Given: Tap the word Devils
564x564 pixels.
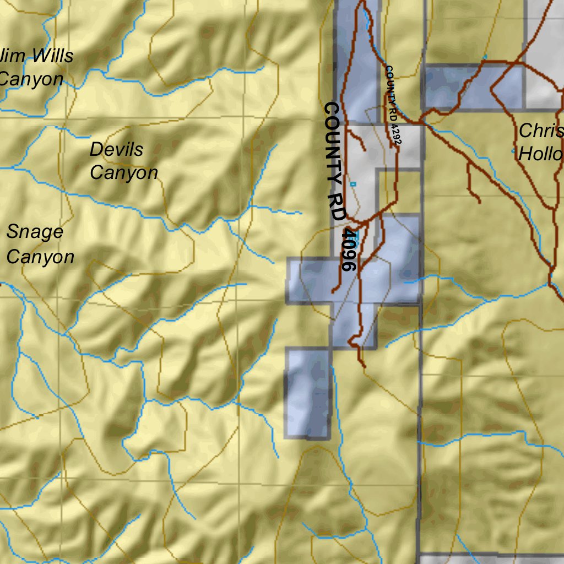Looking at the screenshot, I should click(x=116, y=149).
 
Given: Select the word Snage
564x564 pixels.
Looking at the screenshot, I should click(x=35, y=232).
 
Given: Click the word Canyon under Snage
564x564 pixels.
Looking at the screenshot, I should click(x=40, y=257).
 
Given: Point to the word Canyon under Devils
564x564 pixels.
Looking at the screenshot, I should click(x=123, y=172).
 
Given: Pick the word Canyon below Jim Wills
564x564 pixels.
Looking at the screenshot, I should click(x=31, y=79).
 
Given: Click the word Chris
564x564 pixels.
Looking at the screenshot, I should click(x=541, y=131).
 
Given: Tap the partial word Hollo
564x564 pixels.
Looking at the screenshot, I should click(x=540, y=154).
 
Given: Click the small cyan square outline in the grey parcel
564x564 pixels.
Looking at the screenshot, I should click(x=353, y=184).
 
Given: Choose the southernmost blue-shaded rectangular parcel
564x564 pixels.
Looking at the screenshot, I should click(x=307, y=393).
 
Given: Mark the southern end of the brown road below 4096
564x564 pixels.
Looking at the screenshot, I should click(x=364, y=366).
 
